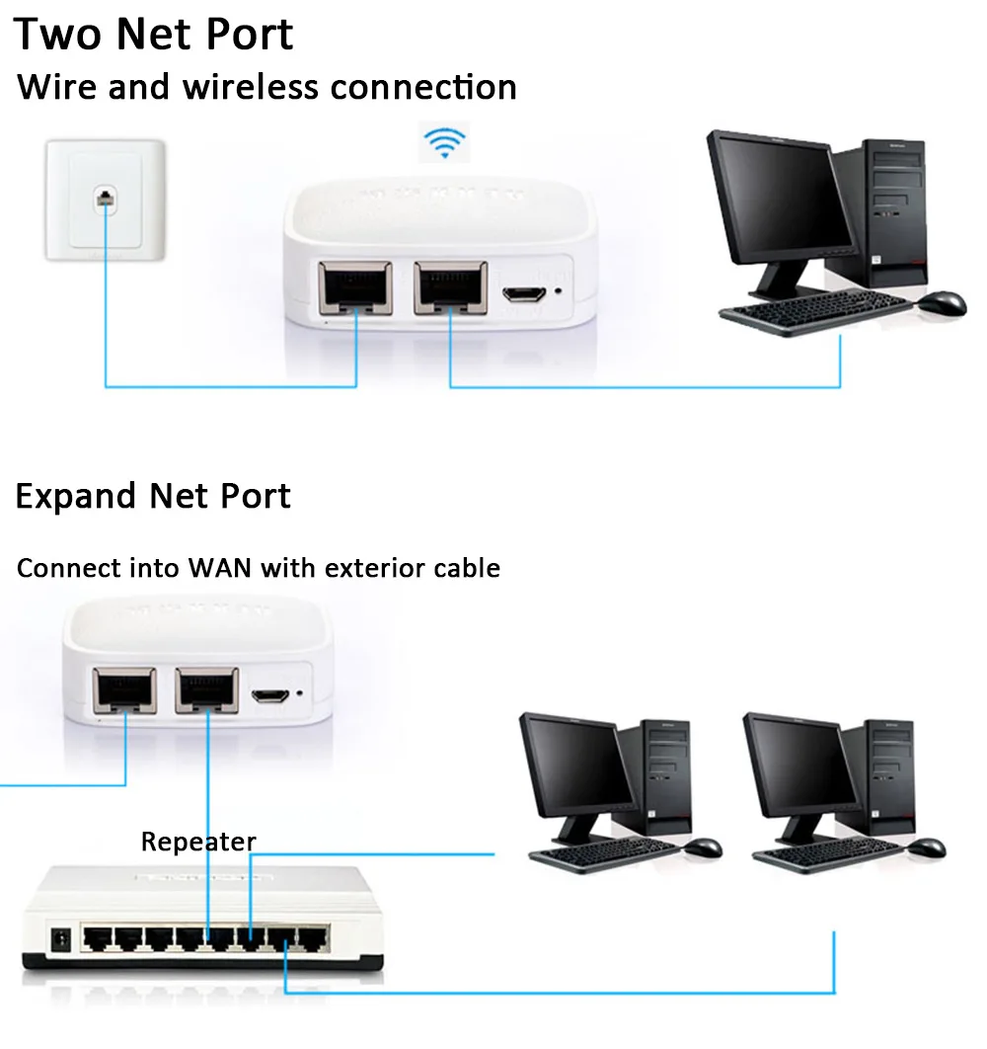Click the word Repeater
(198, 842)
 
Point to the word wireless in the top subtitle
(253, 87)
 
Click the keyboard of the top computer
(815, 316)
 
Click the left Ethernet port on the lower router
(124, 690)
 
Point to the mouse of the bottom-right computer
(927, 847)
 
